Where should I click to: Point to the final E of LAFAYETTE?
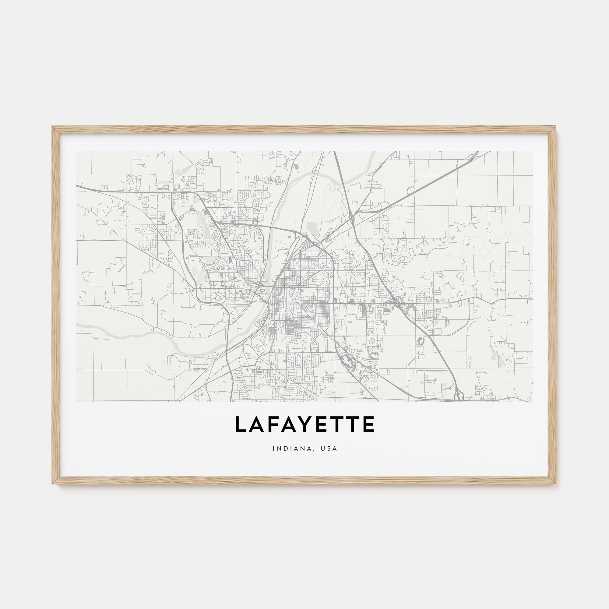pos(369,424)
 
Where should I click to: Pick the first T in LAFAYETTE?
pos(341,424)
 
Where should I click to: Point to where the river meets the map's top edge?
pos(373,152)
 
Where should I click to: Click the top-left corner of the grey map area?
pos(76,151)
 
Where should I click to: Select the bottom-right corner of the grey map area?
pos(533,401)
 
